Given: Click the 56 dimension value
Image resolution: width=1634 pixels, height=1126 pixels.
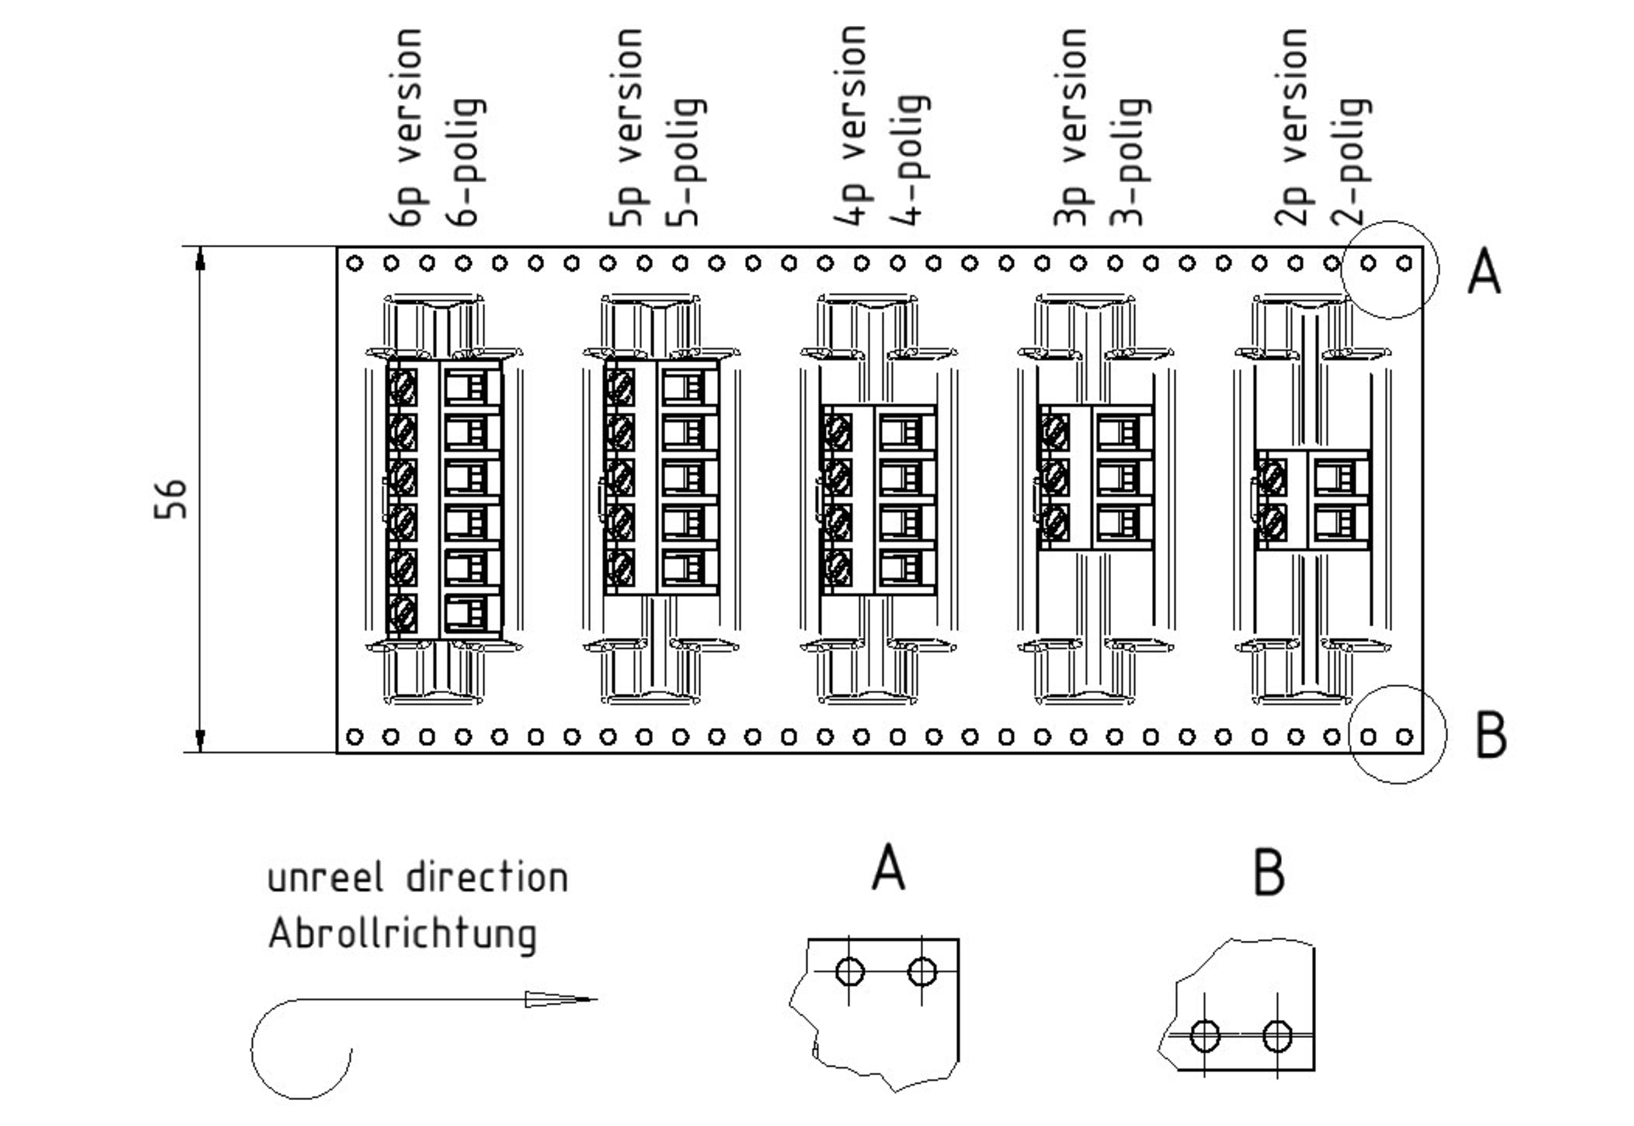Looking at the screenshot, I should pyautogui.click(x=171, y=499).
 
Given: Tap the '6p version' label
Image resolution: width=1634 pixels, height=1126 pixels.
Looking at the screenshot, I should pyautogui.click(x=406, y=127).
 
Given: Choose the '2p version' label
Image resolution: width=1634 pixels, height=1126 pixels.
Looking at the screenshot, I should pyautogui.click(x=1292, y=127).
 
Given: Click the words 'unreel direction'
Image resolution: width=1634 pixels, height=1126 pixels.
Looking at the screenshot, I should pyautogui.click(x=417, y=878).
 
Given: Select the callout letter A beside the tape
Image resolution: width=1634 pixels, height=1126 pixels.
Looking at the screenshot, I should pyautogui.click(x=1484, y=270).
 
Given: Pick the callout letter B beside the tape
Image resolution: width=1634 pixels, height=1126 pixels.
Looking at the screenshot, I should pyautogui.click(x=1491, y=736).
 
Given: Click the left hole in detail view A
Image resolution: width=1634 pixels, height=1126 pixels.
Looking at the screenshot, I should pyautogui.click(x=850, y=971).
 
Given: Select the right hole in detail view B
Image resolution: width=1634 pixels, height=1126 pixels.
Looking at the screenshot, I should pyautogui.click(x=1277, y=1035).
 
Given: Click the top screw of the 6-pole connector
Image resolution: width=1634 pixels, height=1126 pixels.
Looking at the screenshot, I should pyautogui.click(x=403, y=387).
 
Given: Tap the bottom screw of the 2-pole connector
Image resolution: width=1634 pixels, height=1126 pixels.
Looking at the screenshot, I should pyautogui.click(x=1271, y=522).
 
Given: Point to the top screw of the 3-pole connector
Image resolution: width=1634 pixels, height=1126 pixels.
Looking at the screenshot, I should pyautogui.click(x=1055, y=432).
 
